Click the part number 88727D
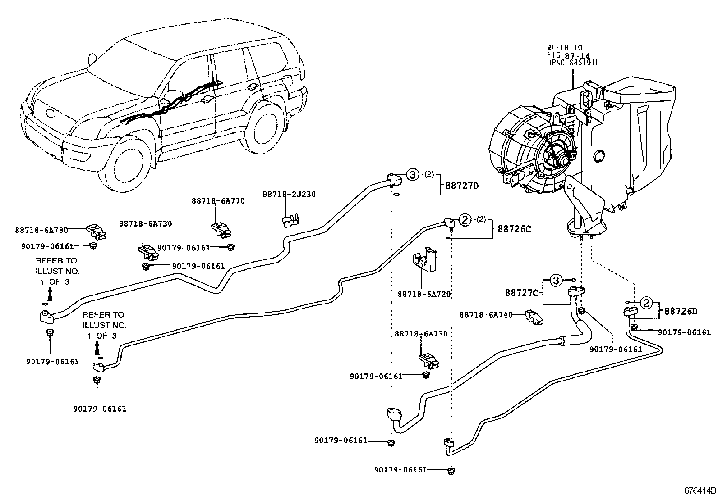point(462,186)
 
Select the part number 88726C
point(514,229)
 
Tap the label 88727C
point(522,293)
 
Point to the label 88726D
point(681,312)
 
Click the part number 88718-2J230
point(289,194)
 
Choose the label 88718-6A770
point(218,201)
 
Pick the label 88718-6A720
point(424,294)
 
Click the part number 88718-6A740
point(486,315)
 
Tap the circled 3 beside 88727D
point(413,175)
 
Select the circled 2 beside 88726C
point(465,220)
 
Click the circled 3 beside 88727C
point(557,281)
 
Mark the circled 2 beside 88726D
point(646,303)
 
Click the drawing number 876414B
point(700,490)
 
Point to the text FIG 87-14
point(568,55)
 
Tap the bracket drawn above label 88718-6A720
point(425,259)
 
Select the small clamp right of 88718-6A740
point(534,317)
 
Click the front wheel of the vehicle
point(124,166)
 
